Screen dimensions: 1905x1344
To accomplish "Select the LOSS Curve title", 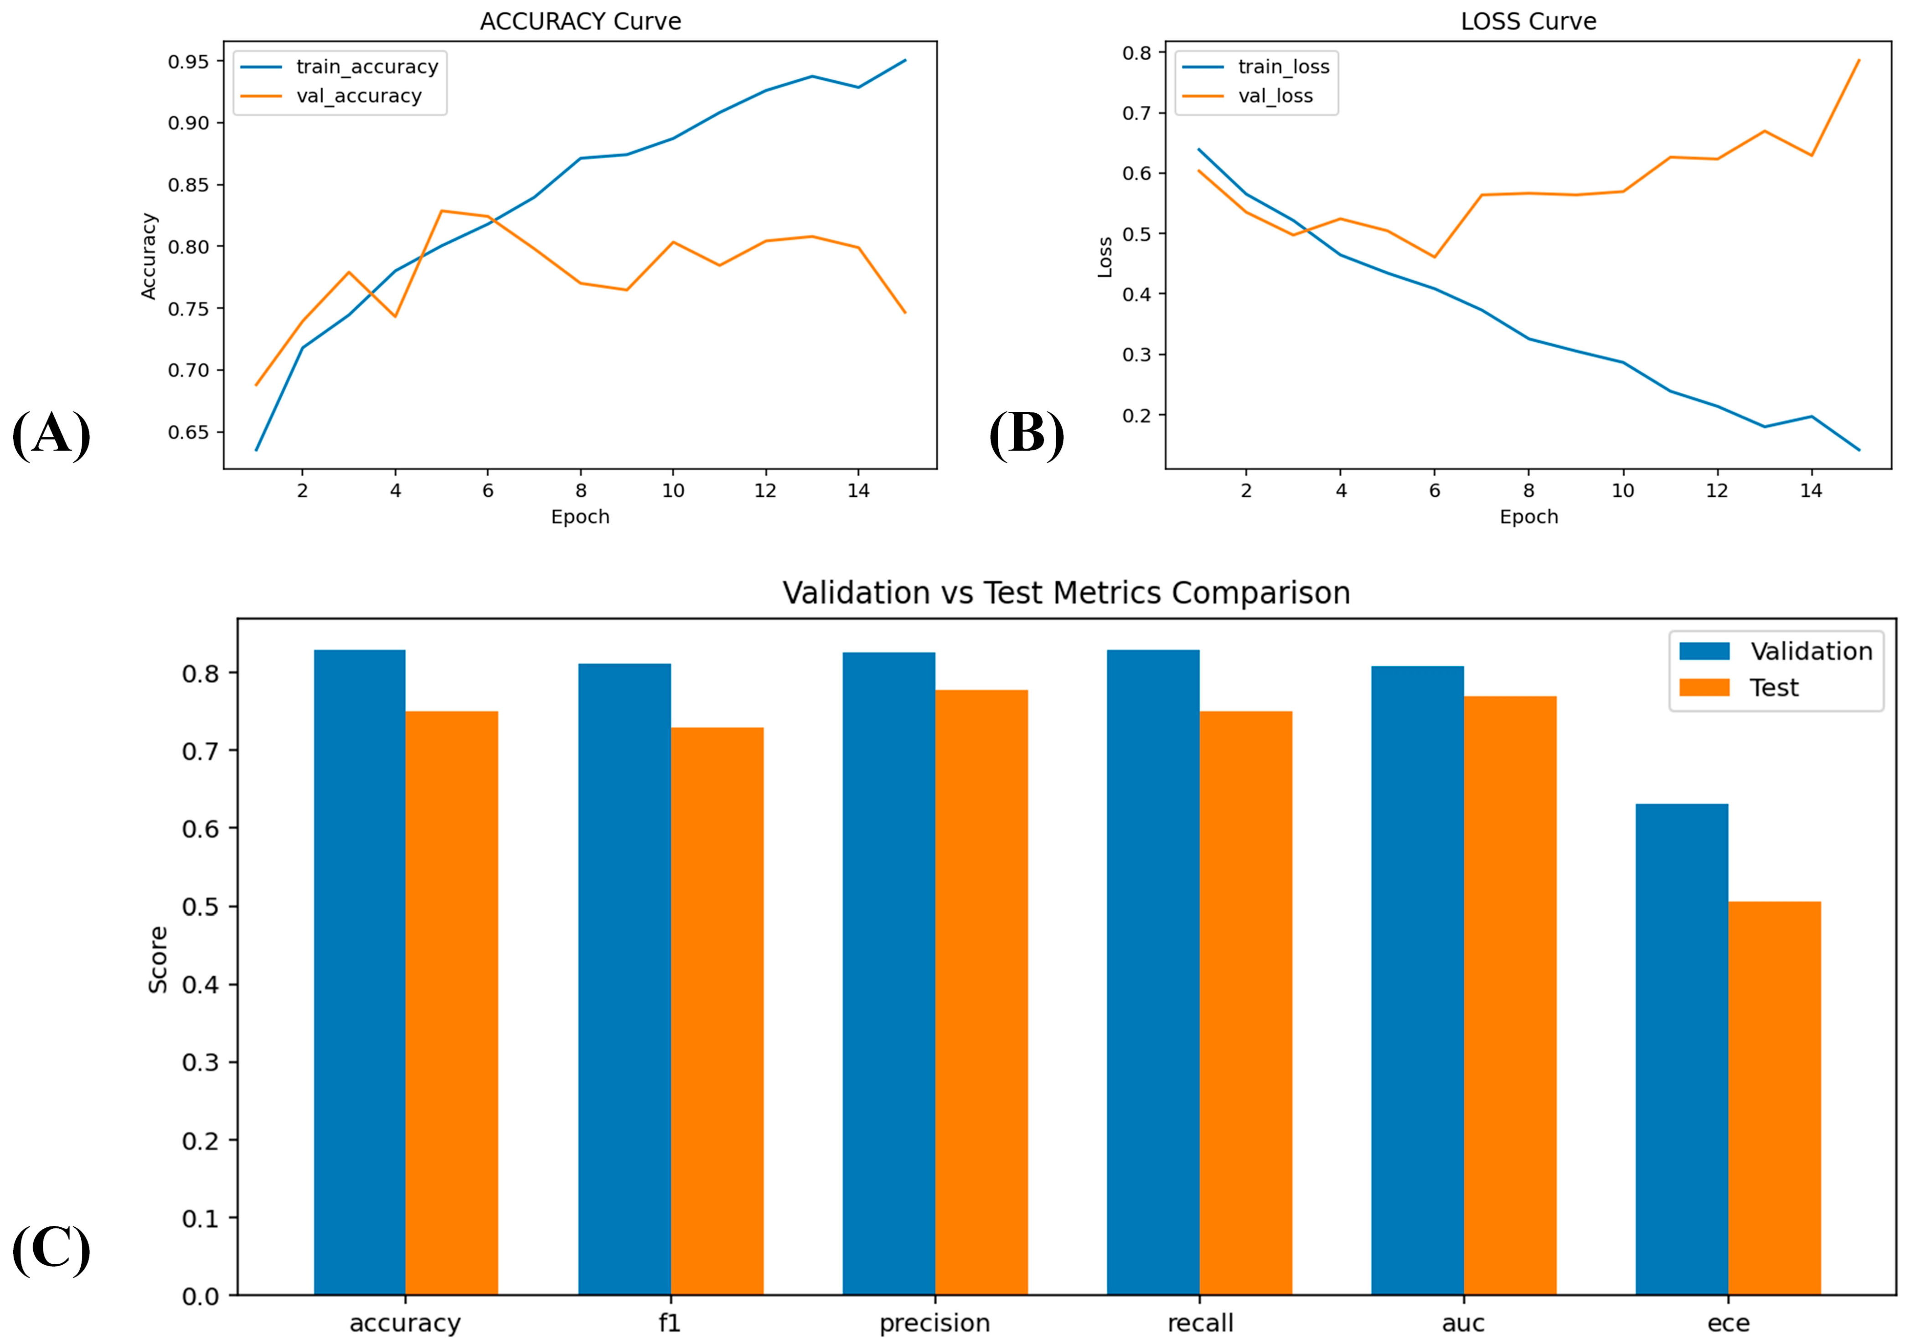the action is (x=1528, y=21).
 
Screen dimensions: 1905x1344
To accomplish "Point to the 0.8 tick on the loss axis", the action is (x=1137, y=53).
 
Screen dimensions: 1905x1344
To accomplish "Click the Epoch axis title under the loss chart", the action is (x=1528, y=517).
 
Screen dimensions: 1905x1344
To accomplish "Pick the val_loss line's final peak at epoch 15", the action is (x=1859, y=60).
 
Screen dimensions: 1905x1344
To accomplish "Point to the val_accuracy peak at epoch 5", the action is (x=441, y=211).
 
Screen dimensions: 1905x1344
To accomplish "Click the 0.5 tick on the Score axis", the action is (x=200, y=906).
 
